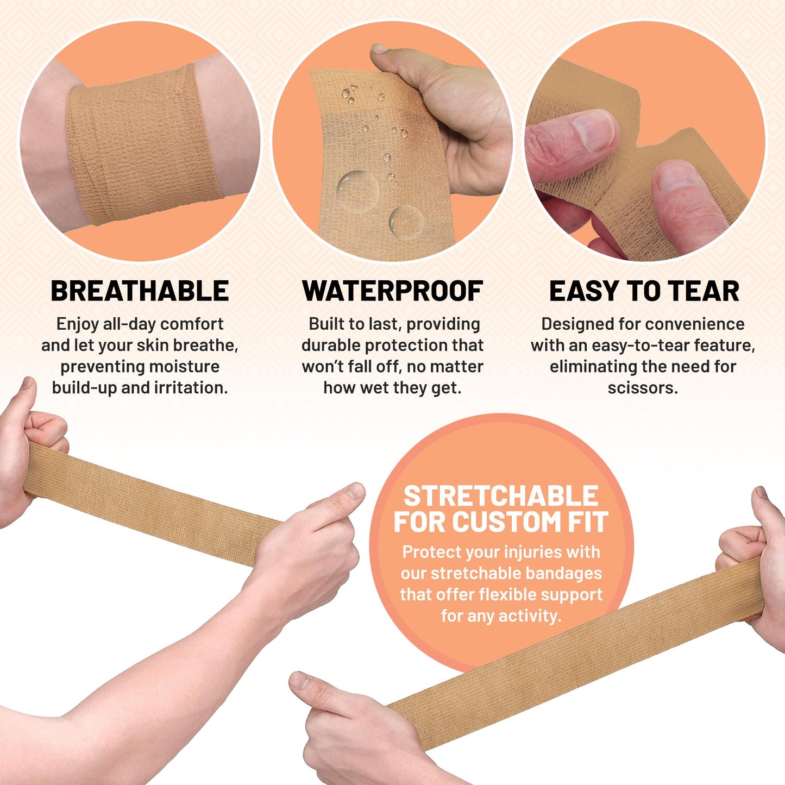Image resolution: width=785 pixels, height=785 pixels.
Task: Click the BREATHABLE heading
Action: point(140,291)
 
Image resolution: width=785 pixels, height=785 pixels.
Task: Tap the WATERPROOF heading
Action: point(392,291)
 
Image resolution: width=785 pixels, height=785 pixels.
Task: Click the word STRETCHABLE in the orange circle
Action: point(500,496)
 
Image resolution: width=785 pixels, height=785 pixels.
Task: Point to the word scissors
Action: point(642,388)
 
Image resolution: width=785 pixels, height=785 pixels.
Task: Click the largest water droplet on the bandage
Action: point(357,190)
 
